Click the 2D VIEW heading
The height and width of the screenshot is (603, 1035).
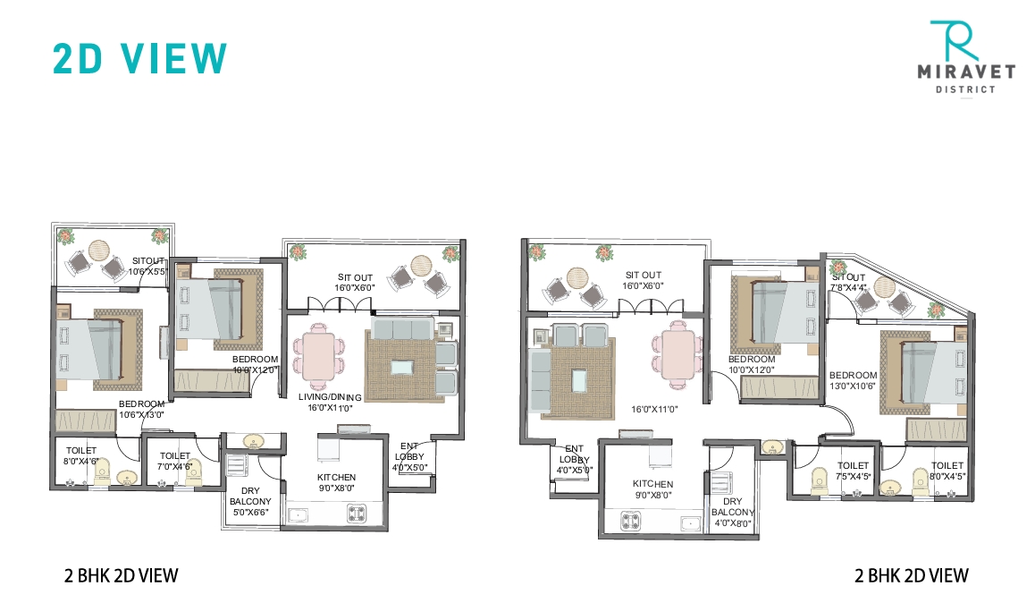pyautogui.click(x=140, y=57)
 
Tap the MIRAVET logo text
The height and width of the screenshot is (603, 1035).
pyautogui.click(x=963, y=74)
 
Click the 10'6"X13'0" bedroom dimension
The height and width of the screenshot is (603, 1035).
pyautogui.click(x=142, y=413)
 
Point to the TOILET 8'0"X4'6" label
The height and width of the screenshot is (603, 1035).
pyautogui.click(x=80, y=455)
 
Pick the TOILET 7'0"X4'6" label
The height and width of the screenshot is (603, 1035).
pyautogui.click(x=174, y=461)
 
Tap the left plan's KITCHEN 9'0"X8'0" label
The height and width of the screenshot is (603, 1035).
pyautogui.click(x=336, y=483)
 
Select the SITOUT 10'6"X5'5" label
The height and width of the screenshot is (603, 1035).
pyautogui.click(x=147, y=266)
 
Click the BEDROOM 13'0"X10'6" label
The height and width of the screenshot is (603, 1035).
pyautogui.click(x=853, y=381)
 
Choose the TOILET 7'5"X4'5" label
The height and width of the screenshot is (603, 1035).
pyautogui.click(x=853, y=471)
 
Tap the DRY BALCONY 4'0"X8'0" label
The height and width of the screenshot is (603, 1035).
pyautogui.click(x=733, y=513)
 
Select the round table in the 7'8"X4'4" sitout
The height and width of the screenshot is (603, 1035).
pyautogui.click(x=884, y=288)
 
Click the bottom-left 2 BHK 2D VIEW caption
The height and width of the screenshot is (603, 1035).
pyautogui.click(x=122, y=575)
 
